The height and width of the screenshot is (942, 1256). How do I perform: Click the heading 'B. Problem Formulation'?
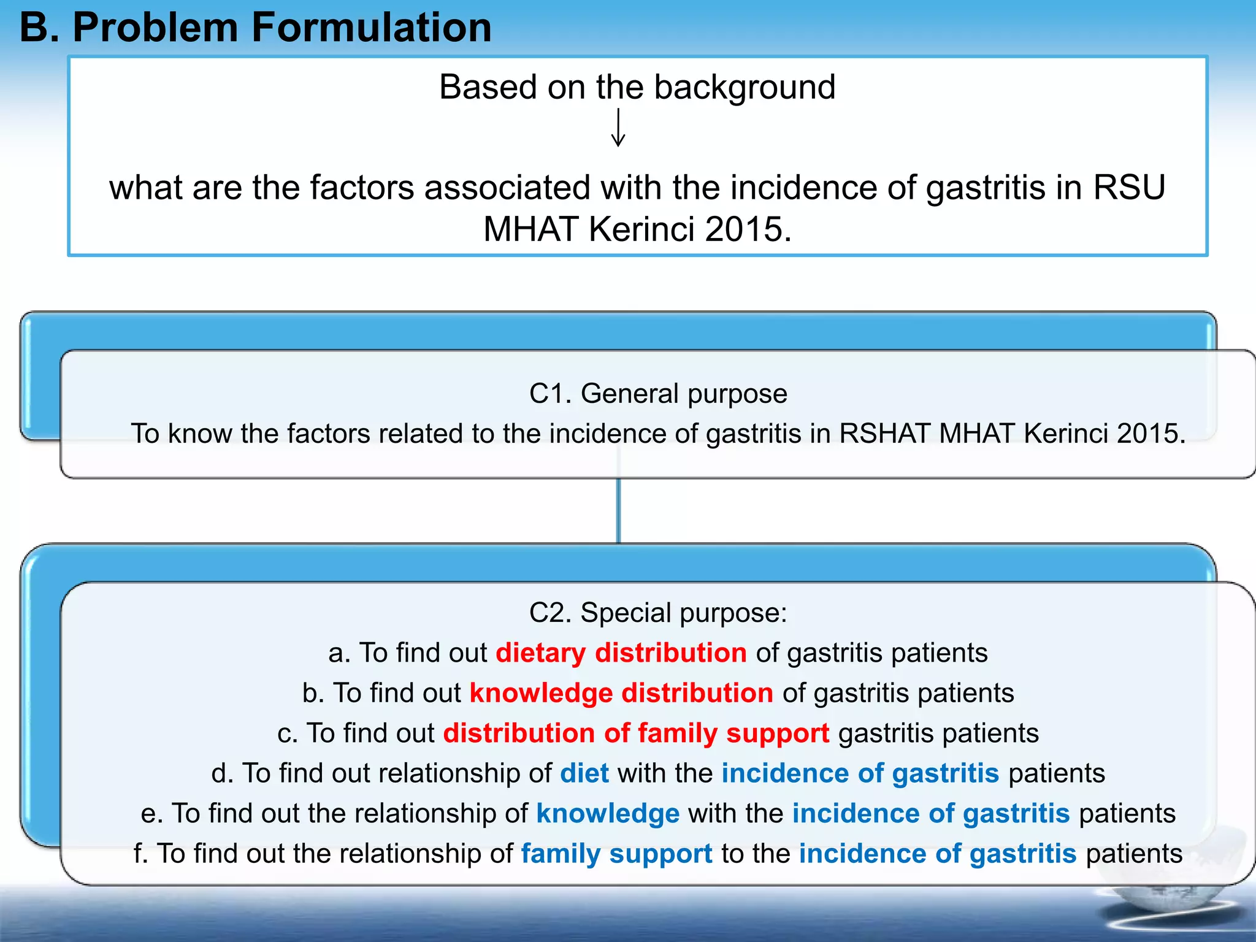255,28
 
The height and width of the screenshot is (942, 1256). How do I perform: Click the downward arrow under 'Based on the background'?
618,128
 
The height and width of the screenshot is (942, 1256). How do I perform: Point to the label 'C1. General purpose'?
658,394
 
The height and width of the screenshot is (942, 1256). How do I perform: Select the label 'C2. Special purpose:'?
658,613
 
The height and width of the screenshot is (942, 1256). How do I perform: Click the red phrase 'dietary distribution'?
621,653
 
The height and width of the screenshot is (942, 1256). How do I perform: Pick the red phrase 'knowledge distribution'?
621,693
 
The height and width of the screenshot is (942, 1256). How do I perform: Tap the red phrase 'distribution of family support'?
635,733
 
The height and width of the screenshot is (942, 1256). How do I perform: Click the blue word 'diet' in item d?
584,773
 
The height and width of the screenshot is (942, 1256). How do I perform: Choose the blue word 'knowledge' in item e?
607,814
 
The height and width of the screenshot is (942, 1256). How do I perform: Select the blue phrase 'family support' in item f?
616,854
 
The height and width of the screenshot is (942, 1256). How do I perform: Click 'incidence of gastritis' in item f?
937,854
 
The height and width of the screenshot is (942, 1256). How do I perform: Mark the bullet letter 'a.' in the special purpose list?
339,653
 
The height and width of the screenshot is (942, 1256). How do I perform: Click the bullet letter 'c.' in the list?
287,733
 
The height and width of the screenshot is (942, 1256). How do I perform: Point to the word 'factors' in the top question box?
362,188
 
